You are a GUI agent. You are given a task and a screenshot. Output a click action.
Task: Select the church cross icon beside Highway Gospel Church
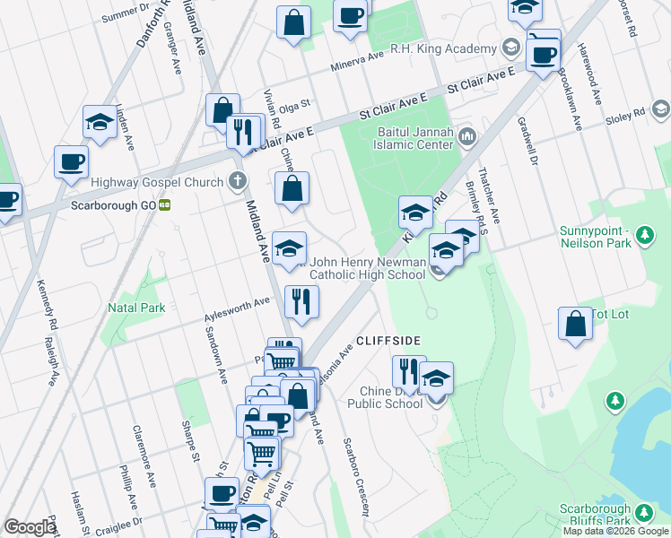tap(238, 182)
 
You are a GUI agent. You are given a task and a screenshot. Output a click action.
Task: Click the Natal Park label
tap(141, 308)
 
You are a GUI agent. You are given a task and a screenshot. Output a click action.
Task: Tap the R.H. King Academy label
tap(443, 48)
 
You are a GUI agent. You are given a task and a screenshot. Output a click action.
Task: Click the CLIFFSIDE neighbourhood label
tap(388, 341)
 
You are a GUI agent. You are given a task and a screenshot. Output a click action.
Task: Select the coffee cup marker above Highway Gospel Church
tap(71, 162)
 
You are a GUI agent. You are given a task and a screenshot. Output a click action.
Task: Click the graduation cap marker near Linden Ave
tap(100, 122)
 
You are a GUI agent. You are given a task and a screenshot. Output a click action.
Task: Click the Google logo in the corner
tap(30, 527)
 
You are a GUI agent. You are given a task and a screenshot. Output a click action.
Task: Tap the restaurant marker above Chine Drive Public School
tap(408, 371)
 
